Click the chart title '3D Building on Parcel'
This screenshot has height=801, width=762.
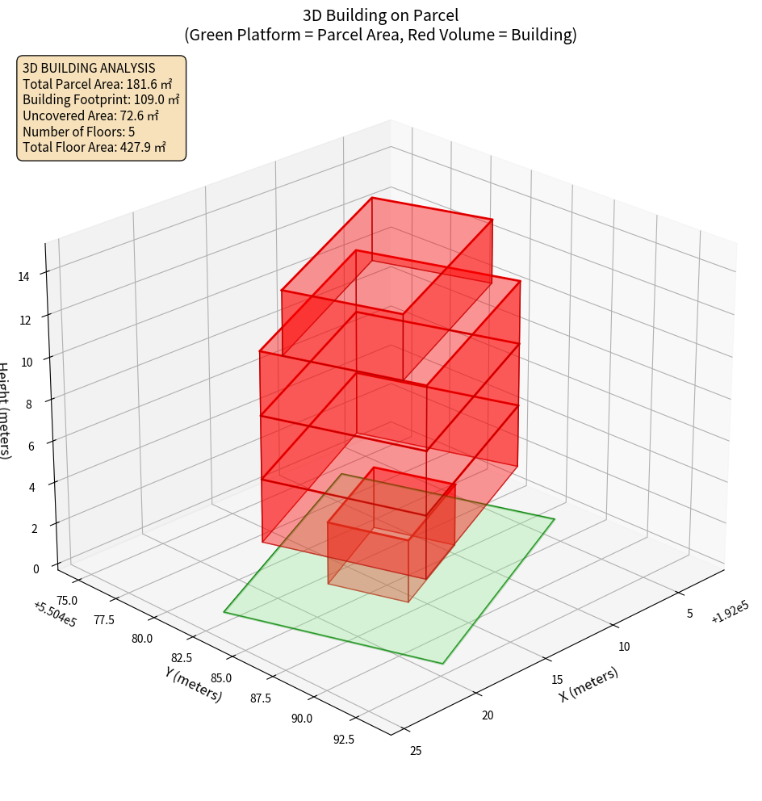[380, 15]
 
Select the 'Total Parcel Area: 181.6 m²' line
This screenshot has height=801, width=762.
[98, 84]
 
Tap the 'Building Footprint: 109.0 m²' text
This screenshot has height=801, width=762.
[101, 99]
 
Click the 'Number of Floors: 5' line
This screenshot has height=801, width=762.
[78, 132]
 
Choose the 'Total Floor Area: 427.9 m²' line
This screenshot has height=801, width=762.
[94, 147]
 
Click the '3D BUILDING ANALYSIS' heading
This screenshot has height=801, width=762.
[89, 68]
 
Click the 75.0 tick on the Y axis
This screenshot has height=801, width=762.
[68, 600]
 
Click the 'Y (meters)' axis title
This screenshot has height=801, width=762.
[193, 684]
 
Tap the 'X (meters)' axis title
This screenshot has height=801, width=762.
[588, 684]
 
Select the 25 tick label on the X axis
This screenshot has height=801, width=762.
[416, 751]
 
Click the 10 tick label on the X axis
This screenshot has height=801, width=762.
[623, 646]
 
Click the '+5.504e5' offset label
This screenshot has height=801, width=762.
[55, 613]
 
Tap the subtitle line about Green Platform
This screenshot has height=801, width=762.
[380, 35]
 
